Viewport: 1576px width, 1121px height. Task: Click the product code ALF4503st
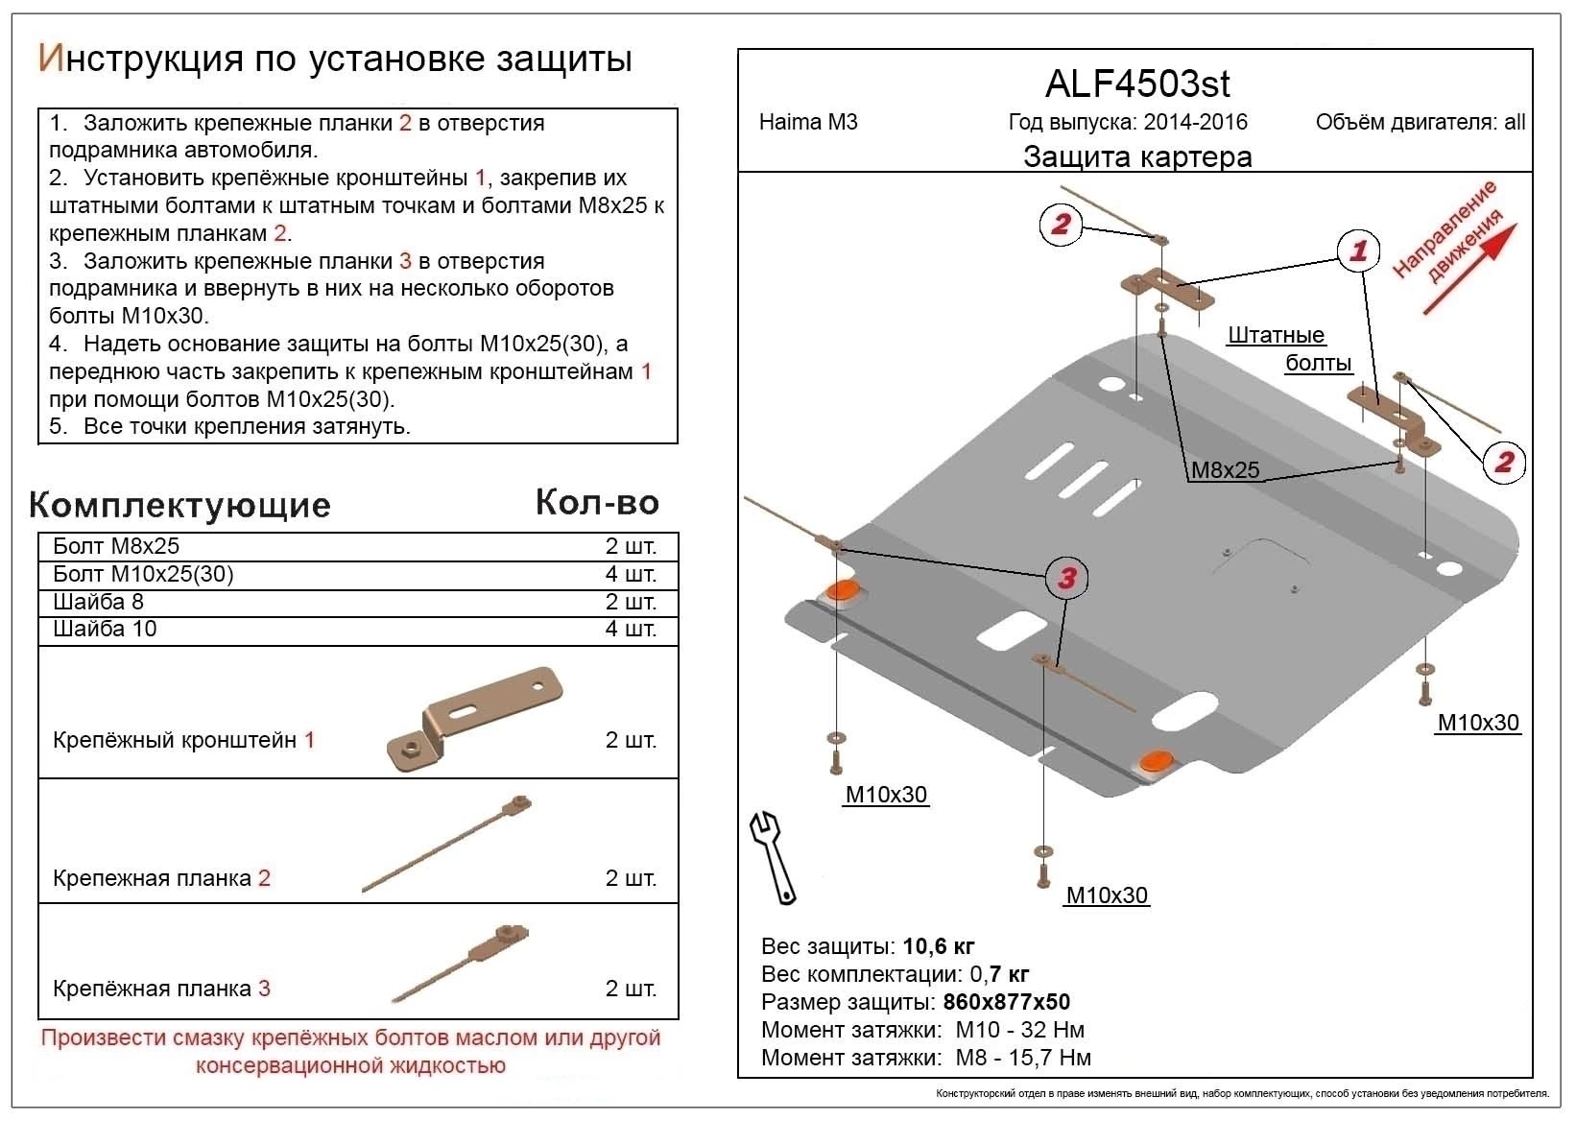click(1136, 84)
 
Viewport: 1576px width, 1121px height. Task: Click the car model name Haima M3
click(808, 122)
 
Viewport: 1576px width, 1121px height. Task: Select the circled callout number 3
click(1066, 578)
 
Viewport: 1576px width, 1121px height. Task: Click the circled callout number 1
click(1358, 251)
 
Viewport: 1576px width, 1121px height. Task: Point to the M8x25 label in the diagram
click(1225, 470)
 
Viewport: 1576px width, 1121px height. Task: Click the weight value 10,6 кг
click(938, 946)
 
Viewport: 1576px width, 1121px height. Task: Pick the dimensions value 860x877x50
click(1006, 1002)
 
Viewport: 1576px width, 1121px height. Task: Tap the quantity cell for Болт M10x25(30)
click(631, 574)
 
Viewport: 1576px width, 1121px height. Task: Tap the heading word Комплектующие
click(180, 505)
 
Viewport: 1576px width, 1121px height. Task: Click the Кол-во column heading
click(597, 502)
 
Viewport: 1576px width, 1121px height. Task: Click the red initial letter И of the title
click(50, 59)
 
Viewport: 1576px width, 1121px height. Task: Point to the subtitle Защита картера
click(1136, 156)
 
